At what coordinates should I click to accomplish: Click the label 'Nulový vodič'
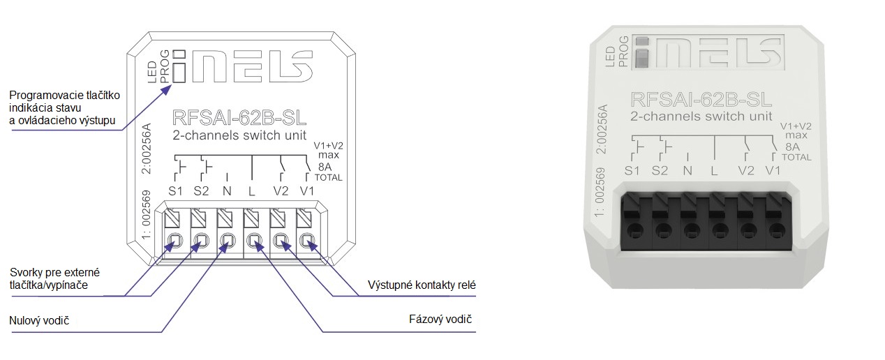point(39,320)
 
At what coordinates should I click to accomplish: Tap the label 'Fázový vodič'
point(440,319)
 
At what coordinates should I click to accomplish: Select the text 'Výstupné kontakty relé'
point(422,285)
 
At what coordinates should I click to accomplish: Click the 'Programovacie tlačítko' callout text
point(64,95)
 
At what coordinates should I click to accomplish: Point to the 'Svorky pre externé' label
point(54,272)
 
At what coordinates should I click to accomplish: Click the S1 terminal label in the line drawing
point(175,191)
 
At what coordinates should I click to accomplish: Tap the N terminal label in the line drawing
point(227,191)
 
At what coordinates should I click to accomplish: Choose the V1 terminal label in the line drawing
point(306,191)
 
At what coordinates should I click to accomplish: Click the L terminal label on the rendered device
point(713,171)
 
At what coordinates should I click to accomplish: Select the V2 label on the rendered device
point(746,170)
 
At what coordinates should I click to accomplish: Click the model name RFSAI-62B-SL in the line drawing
point(239,118)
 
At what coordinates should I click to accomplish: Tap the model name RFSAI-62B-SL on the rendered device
point(701,100)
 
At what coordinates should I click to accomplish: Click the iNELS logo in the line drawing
point(243,66)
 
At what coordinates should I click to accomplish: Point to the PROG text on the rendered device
point(623,52)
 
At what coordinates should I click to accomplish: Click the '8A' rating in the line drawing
point(325,167)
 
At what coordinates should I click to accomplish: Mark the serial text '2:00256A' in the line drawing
point(146,149)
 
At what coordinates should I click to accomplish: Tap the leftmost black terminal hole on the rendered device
point(635,230)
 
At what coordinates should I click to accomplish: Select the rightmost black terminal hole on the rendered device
point(777,230)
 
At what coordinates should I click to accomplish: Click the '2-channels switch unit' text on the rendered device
point(701,117)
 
